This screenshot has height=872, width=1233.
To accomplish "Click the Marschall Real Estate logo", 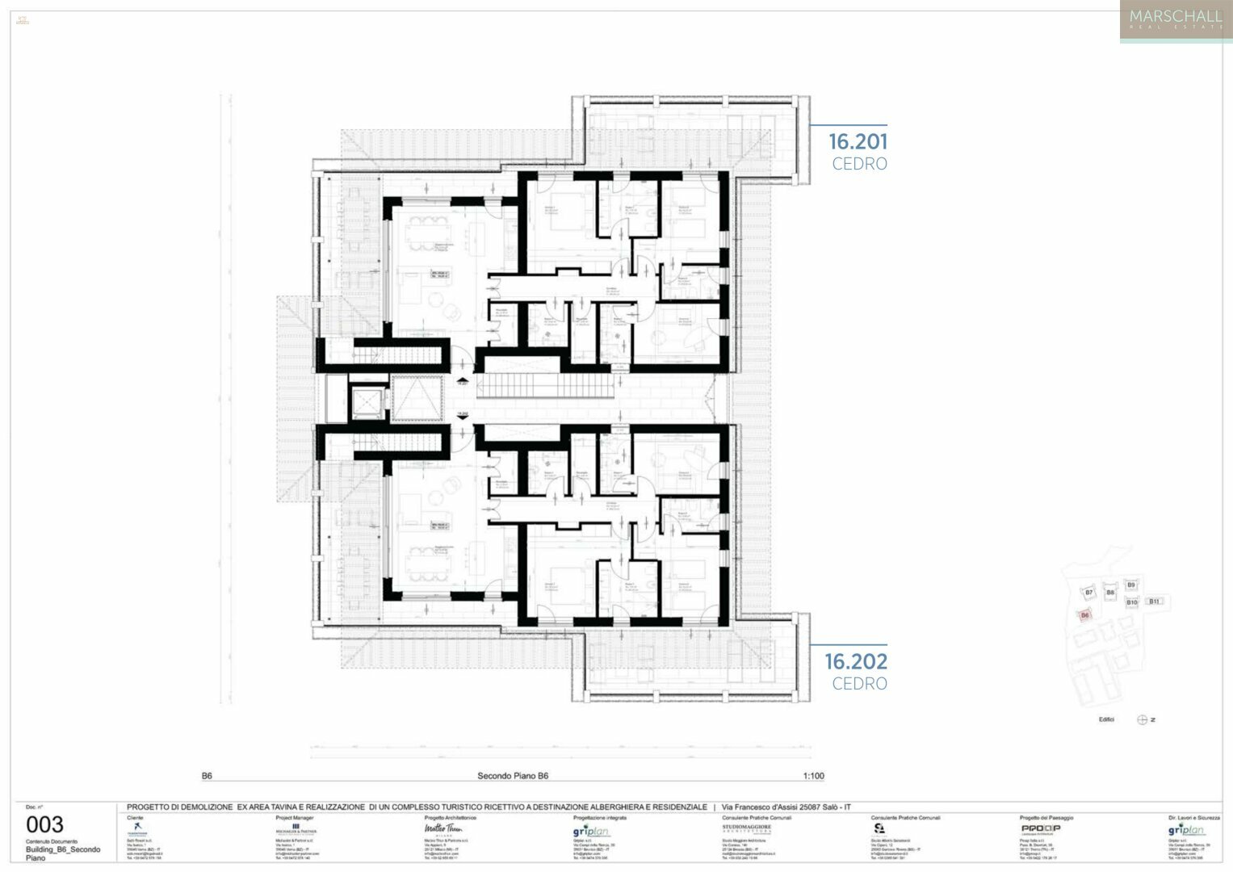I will (x=1175, y=20).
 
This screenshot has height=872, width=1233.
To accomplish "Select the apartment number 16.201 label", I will (x=858, y=142).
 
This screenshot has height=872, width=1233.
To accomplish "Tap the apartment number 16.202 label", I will (x=855, y=662).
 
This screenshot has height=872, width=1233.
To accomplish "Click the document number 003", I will (x=44, y=824).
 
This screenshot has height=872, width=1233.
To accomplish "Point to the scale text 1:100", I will (x=813, y=776).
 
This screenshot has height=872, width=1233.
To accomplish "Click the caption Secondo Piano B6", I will (x=513, y=776).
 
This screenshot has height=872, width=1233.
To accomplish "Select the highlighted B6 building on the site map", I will (x=1084, y=615).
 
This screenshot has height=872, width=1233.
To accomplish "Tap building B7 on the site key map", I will (x=1088, y=593).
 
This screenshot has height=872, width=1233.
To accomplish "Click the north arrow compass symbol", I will (x=1143, y=719).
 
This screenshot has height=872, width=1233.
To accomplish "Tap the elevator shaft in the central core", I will (x=367, y=399).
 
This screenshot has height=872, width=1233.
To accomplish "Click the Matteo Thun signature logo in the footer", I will (x=443, y=828).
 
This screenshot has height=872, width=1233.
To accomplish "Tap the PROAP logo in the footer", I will (x=1040, y=828).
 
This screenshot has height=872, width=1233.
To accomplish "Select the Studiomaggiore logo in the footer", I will (x=746, y=828).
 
